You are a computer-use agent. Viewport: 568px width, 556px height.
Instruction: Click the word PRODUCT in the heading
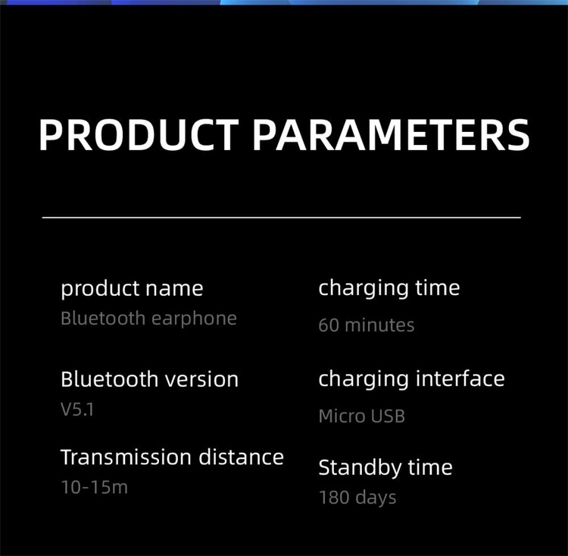pos(139,135)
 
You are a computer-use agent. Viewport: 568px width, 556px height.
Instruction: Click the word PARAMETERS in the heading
pos(391,135)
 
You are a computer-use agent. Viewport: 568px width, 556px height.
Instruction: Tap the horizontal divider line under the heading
pos(282,218)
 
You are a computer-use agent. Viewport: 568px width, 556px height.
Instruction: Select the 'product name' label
pos(132,289)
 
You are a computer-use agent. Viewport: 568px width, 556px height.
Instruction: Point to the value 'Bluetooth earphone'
pos(148,319)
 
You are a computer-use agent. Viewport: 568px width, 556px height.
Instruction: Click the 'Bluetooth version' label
pos(150,379)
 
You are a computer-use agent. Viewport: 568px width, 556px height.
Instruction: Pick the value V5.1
pos(77,410)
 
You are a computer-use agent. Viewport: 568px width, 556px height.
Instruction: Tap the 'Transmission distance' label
pos(172,457)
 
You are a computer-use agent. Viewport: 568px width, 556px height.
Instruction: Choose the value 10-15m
pos(94,487)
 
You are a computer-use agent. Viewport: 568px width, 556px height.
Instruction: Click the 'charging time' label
pos(389,289)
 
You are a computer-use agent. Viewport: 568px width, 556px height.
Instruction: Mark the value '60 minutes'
pos(367,325)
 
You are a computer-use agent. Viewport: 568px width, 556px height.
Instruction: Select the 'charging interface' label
pos(411,379)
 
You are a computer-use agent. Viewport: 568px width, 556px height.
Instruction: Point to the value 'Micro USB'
pos(361,416)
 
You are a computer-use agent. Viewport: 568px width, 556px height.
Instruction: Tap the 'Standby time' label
pos(385,468)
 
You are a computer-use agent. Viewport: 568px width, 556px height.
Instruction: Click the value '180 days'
pos(357,498)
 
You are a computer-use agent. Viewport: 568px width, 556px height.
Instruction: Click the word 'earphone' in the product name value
pos(194,319)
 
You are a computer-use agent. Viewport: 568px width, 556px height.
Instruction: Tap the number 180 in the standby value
pos(334,497)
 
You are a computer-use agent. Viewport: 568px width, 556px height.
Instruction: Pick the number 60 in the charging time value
pos(329,325)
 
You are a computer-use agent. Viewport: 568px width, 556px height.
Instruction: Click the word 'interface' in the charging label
pos(460,379)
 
